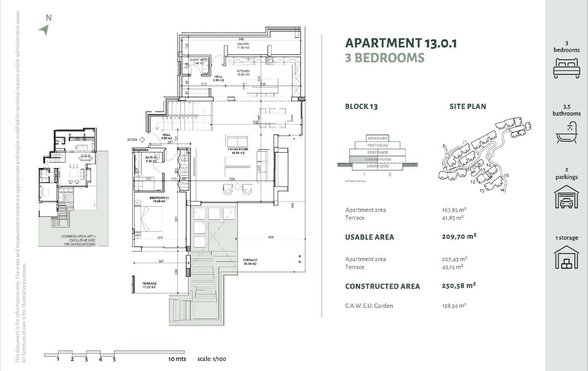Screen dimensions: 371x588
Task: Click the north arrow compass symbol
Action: pos(44,30)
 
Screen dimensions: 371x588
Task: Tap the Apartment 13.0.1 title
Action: pos(401,43)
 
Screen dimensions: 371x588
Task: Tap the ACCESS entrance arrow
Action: pos(142,139)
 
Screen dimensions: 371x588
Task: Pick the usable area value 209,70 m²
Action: pos(459,236)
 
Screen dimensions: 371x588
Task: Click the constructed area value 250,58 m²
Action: pos(459,286)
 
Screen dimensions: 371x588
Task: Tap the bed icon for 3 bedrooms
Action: pos(566,68)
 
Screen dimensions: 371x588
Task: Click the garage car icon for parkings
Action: pos(566,197)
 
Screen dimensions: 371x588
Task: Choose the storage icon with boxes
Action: pos(566,257)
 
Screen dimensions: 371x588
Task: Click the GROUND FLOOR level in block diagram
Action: pos(377,160)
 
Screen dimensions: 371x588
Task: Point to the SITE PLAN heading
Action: pos(467,106)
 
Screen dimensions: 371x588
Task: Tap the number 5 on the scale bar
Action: pos(114,359)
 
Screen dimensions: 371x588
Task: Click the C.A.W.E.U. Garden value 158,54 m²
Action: pos(454,306)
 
